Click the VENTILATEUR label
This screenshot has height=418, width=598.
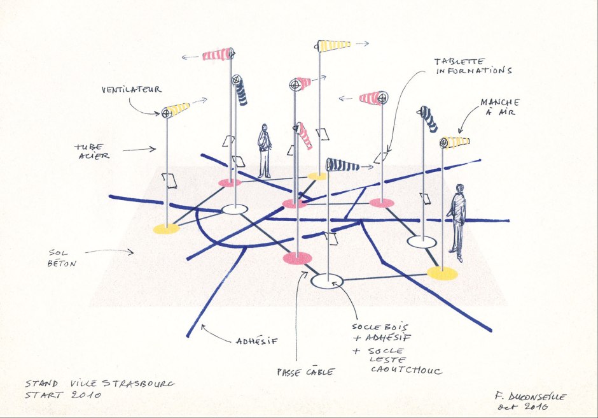pyautogui.click(x=131, y=90)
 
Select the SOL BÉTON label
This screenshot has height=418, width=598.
pyautogui.click(x=63, y=257)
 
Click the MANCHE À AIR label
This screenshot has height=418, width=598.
pyautogui.click(x=499, y=107)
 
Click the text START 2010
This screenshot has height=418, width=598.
pyautogui.click(x=63, y=396)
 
